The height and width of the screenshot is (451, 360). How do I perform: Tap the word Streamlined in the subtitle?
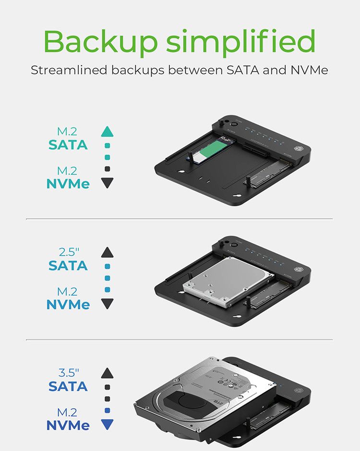[x=69, y=70]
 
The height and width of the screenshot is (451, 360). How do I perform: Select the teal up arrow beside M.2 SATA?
[x=108, y=131]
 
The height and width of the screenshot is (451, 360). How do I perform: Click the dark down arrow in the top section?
[x=108, y=182]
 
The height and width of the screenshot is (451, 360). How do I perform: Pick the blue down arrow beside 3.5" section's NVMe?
[x=108, y=424]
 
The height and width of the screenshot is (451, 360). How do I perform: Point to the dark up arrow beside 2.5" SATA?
[x=108, y=252]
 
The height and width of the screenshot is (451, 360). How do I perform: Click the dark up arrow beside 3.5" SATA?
[x=108, y=373]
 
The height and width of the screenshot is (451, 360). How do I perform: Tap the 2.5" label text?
[x=68, y=252]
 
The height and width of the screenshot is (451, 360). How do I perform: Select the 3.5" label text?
[x=68, y=373]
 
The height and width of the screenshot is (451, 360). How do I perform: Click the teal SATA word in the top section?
[x=68, y=144]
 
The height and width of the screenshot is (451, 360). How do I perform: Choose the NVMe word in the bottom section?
[x=68, y=425]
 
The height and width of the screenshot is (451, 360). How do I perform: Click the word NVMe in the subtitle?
[x=309, y=70]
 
